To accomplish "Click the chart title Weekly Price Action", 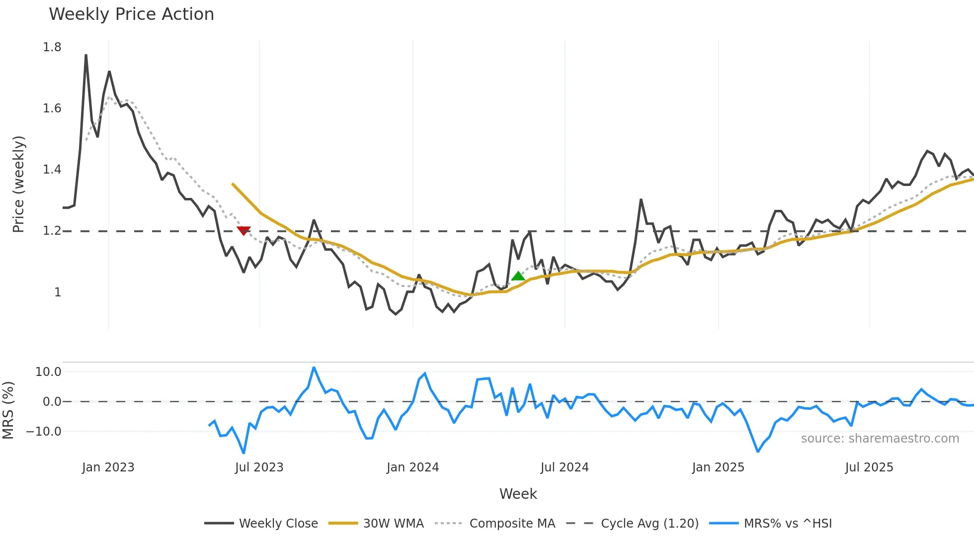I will click(x=131, y=14).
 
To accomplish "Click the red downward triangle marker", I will click(x=243, y=230).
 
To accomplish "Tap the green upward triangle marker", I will click(x=518, y=276).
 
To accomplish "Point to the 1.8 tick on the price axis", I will click(x=52, y=47).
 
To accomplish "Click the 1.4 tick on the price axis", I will click(x=52, y=170).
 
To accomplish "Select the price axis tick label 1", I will click(x=58, y=292).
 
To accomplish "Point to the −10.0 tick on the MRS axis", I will click(x=44, y=432).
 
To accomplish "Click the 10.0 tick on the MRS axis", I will click(x=48, y=372).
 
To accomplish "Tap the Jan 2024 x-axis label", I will click(x=412, y=467).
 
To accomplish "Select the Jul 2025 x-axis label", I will click(x=869, y=467).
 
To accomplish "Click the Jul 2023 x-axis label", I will click(x=259, y=467).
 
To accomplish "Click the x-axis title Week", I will click(x=518, y=494).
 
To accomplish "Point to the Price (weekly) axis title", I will click(x=18, y=184).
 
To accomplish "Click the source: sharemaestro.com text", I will click(x=880, y=439).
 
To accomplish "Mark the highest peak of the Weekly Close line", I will click(x=86, y=55).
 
